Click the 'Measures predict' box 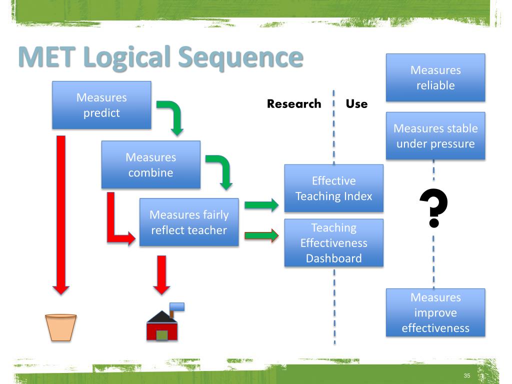coord(101,105)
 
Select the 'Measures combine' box coord(151,164)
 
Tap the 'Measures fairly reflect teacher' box coord(189,222)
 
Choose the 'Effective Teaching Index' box coord(333,188)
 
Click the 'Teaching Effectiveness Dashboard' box coord(333,243)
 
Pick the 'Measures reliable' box coord(435,77)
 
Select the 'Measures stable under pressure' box coord(435,136)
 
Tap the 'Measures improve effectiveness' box coord(435,312)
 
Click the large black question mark coord(433,208)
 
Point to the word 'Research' coord(294,104)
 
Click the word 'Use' coord(357,104)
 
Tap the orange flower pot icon coord(60,327)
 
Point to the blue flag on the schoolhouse coord(177,306)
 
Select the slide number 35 coord(467,376)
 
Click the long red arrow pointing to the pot coord(61,215)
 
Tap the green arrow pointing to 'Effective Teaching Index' coord(261,205)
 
